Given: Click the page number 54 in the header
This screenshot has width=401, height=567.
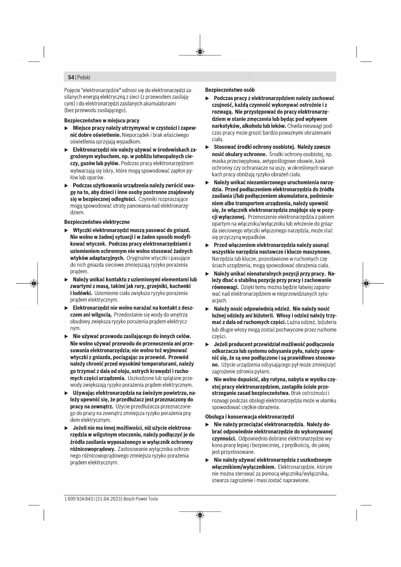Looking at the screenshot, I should click(71, 77).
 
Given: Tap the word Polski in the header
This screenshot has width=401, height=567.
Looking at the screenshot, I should click(84, 77).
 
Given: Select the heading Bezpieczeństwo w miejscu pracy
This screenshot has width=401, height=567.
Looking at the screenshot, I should click(102, 121).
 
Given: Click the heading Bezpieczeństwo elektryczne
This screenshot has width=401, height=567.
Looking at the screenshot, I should click(97, 222).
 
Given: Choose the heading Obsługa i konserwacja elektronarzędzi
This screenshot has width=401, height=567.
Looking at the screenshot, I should click(249, 417).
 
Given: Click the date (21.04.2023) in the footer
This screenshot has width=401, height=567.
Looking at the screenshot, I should click(109, 499).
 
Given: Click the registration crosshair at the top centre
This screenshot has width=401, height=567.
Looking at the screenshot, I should click(200, 51).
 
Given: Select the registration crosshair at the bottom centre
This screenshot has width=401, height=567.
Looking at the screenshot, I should click(200, 515).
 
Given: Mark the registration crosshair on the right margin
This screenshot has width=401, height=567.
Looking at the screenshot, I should click(366, 283).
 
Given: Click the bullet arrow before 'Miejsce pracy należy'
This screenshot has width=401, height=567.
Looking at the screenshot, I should click(67, 128).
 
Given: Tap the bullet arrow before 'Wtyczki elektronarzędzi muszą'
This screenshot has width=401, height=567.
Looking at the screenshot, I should click(67, 230).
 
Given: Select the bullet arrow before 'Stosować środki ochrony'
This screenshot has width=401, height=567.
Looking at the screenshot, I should click(207, 147).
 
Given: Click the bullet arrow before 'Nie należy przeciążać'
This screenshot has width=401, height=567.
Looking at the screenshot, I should click(207, 424).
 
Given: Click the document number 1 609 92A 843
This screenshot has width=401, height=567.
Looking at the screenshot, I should click(79, 499).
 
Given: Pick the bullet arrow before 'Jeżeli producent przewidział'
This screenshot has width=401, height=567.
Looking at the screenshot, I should click(207, 344).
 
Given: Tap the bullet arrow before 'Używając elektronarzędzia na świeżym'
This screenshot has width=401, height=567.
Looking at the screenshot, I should click(67, 393).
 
